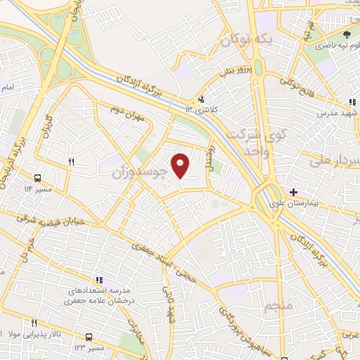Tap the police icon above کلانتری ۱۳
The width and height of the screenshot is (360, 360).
202,99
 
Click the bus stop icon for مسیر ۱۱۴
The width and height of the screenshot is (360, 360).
37,178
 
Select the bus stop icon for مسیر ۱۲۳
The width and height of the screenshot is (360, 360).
89,337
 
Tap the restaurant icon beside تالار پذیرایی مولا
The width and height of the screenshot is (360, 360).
33,322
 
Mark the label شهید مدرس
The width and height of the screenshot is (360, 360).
337,112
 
